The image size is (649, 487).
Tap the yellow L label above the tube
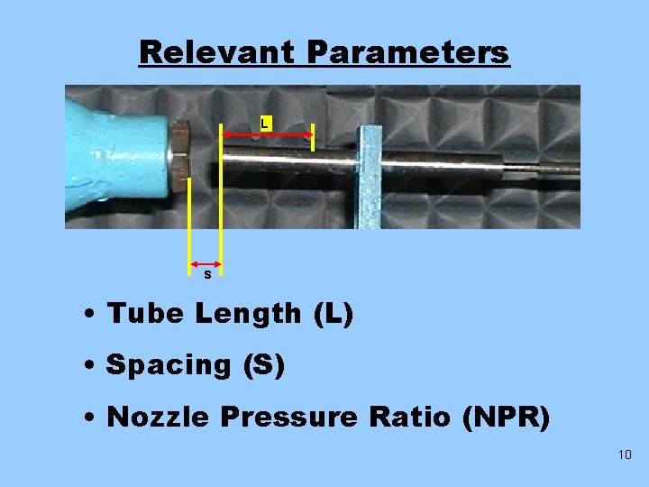264,122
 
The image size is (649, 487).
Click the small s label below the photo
207,274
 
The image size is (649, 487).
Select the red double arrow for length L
268,135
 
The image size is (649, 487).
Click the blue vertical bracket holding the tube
370,175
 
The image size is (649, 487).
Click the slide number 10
626,455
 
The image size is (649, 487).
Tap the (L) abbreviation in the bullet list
334,314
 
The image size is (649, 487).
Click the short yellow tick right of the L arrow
312,137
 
